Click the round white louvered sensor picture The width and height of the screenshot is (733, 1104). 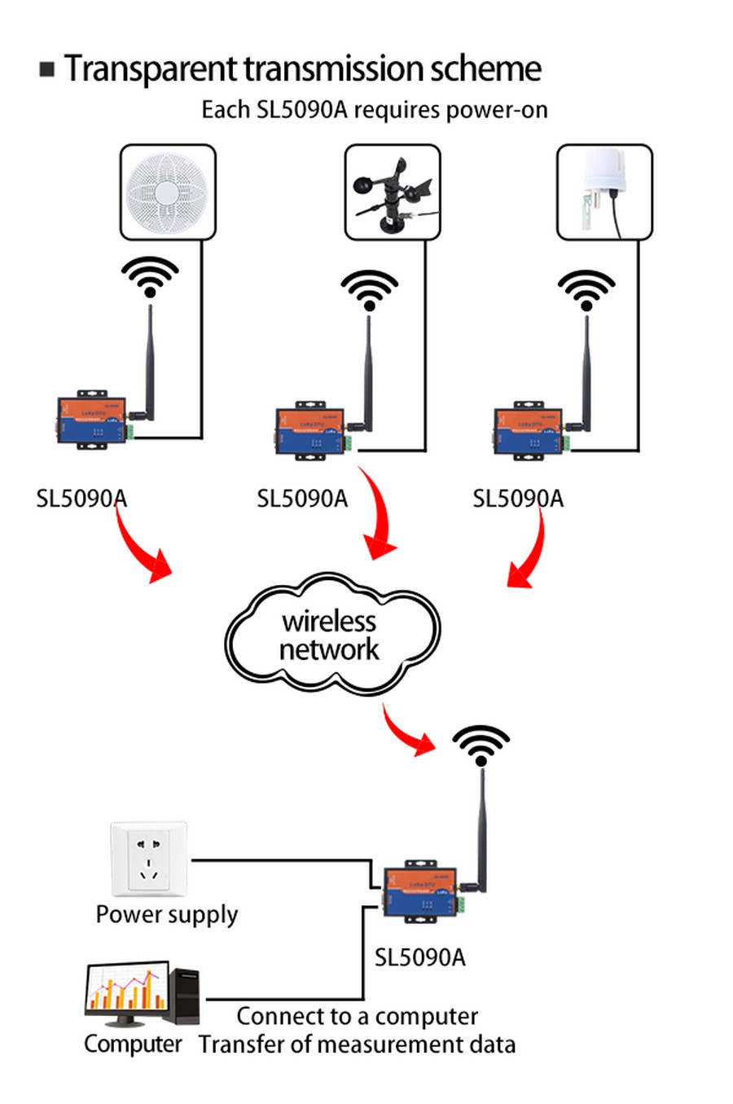[168, 192]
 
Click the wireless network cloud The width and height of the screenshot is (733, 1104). [331, 636]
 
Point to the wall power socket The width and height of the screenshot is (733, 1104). [149, 860]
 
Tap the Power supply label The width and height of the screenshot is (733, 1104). [167, 914]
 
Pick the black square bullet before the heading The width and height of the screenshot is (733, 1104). [47, 69]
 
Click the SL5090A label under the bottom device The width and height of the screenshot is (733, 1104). [419, 957]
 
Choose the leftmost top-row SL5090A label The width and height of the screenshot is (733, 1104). [81, 499]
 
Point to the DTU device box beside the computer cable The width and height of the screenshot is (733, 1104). [420, 891]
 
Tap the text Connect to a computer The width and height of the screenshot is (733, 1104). [357, 1016]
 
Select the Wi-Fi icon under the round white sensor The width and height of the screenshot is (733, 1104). [150, 277]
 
